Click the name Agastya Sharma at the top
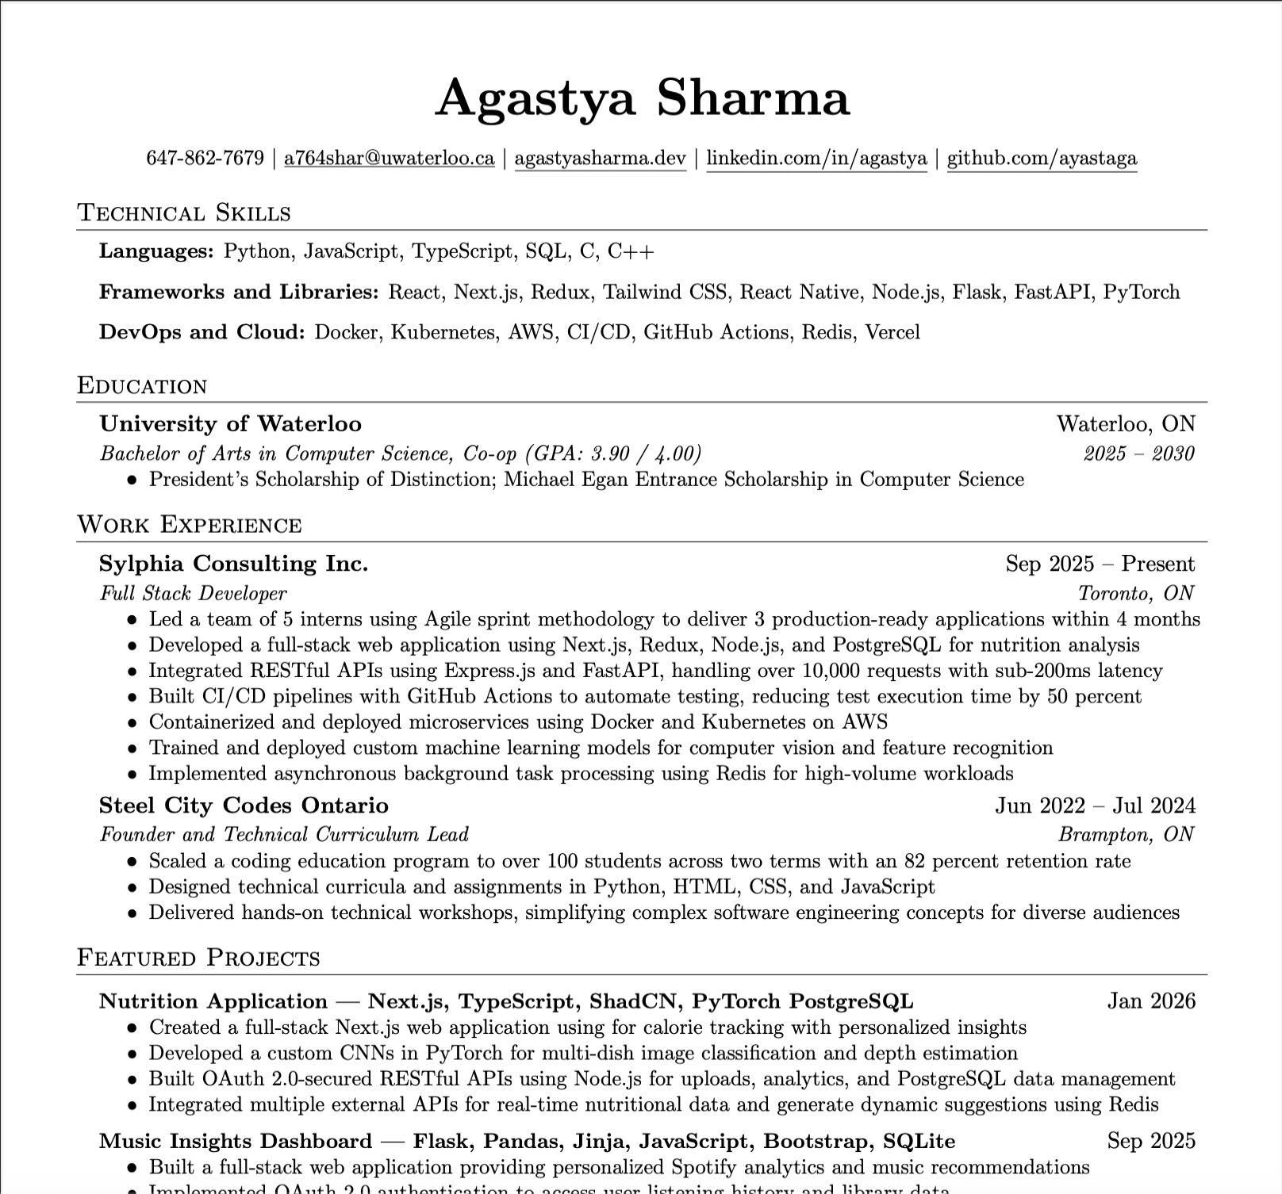click(x=641, y=98)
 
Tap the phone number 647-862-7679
click(x=205, y=159)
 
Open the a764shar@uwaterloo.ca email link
click(x=389, y=159)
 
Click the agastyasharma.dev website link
click(x=600, y=159)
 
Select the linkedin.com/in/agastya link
click(x=816, y=159)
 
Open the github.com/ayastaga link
click(x=1042, y=159)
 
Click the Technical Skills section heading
click(x=184, y=213)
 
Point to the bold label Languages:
click(x=156, y=251)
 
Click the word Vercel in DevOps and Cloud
click(x=892, y=332)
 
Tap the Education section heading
click(x=142, y=386)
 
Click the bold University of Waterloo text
click(x=230, y=424)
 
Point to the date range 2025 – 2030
click(x=1138, y=453)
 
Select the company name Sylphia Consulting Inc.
click(x=233, y=564)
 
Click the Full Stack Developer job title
click(x=193, y=593)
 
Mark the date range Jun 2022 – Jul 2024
click(x=1095, y=806)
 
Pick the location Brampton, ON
click(x=1126, y=834)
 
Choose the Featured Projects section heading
click(x=198, y=958)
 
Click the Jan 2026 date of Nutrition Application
click(x=1151, y=1001)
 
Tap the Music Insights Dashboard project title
click(x=236, y=1141)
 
